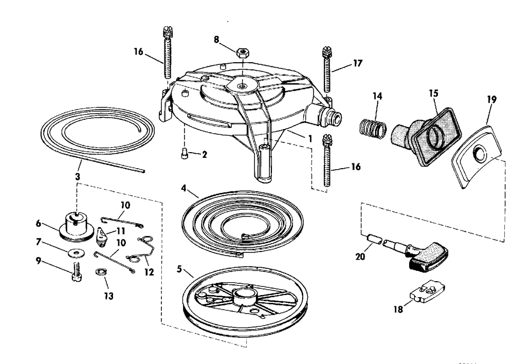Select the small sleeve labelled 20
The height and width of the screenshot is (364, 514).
click(374, 239)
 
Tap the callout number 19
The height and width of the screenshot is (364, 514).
click(492, 99)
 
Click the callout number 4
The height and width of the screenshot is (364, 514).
click(183, 188)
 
